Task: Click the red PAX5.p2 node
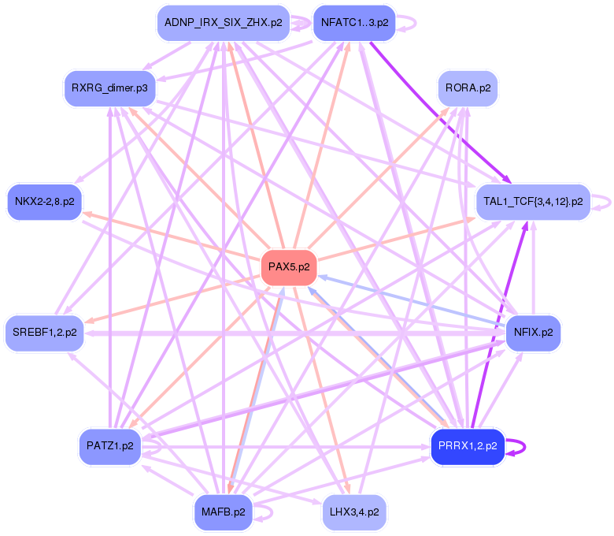[289, 266]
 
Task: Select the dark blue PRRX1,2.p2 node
[467, 446]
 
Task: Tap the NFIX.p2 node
[534, 332]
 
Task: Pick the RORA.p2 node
[468, 87]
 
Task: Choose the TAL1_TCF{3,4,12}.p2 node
[533, 202]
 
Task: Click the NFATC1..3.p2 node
[354, 23]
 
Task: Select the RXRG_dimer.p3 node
[109, 87]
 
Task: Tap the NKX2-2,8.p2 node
[44, 202]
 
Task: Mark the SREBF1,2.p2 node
[44, 332]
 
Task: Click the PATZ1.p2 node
[109, 446]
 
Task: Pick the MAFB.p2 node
[223, 512]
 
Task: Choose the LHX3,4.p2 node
[354, 512]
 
